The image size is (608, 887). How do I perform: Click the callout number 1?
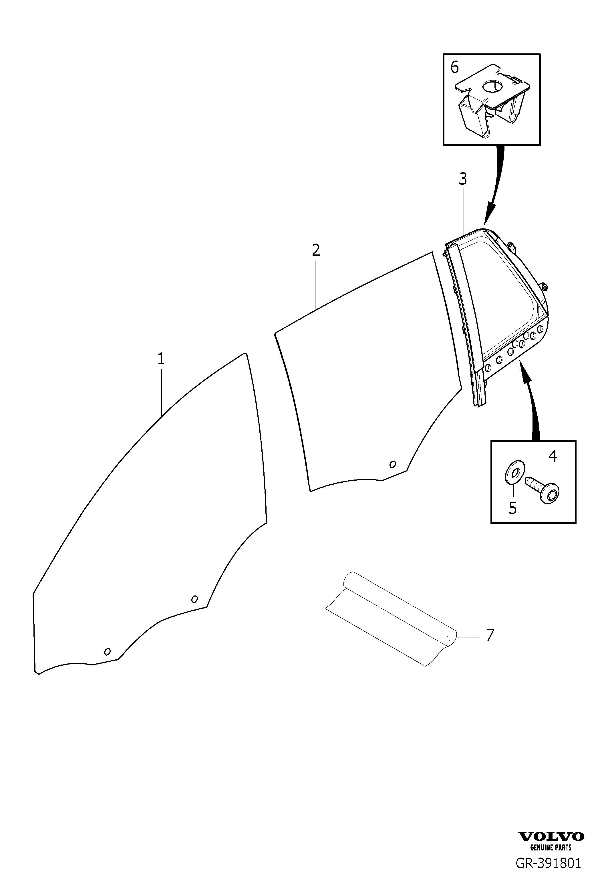161,358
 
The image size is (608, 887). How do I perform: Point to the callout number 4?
553,456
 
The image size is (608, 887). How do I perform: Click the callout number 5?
513,508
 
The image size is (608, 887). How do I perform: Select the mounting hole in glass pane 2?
392,464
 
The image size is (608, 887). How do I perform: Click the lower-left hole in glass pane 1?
107,651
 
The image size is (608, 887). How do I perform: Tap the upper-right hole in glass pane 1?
194,599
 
